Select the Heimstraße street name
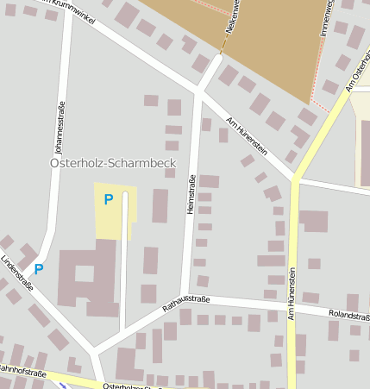191,194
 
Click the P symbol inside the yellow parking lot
108,200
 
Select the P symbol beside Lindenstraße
39,268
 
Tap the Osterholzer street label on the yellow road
129,386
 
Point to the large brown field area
259,43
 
